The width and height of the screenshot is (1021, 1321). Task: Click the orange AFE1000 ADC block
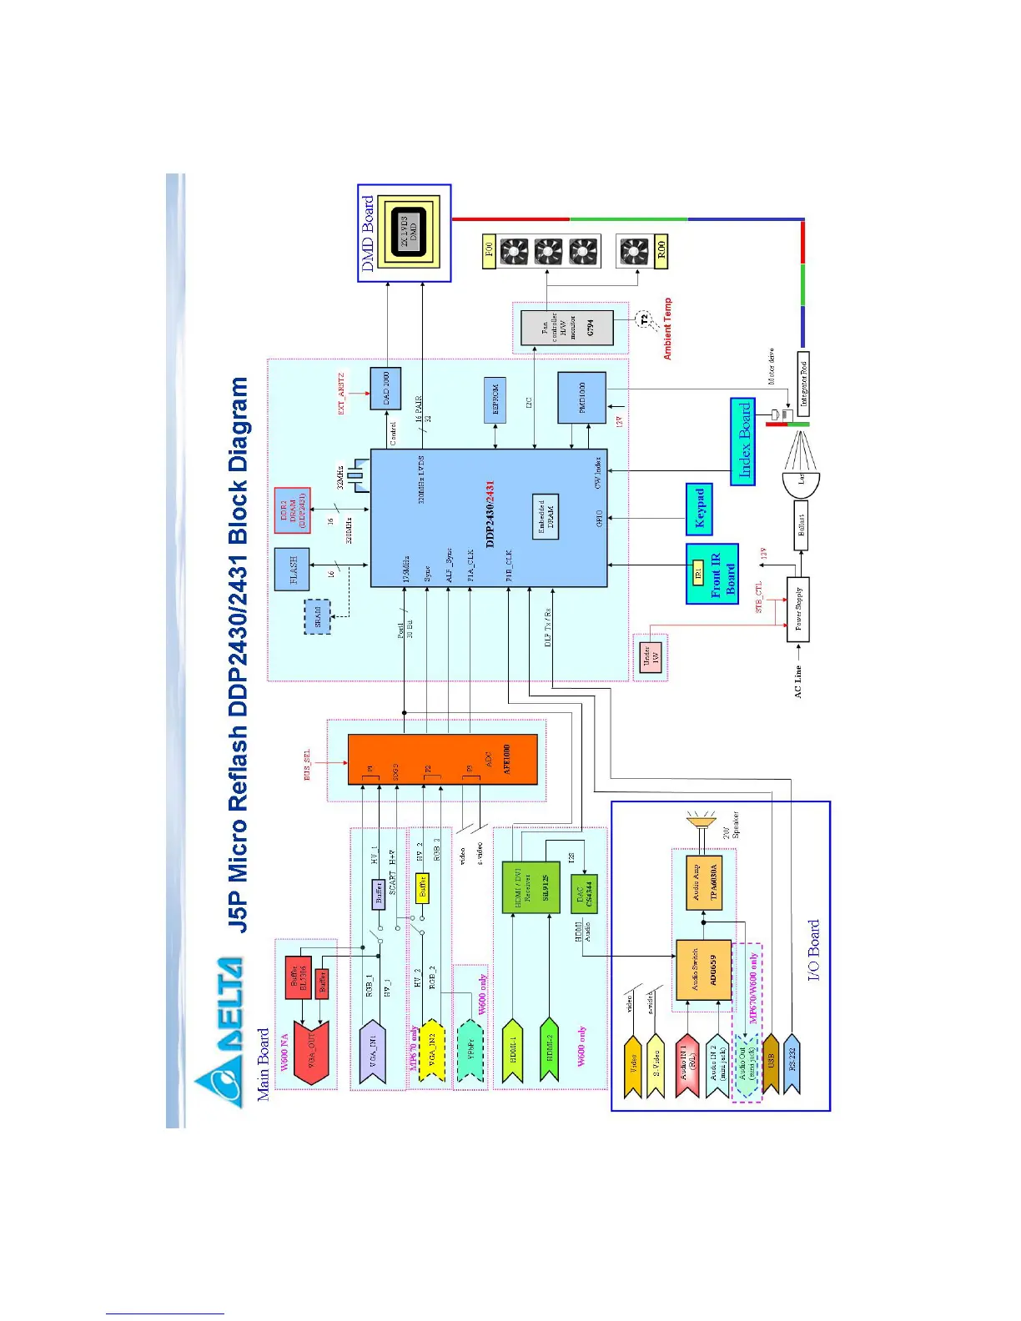click(442, 759)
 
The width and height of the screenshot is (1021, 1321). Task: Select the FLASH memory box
click(293, 569)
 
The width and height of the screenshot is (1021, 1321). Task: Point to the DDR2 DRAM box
click(293, 510)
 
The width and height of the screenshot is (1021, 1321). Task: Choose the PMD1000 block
click(581, 397)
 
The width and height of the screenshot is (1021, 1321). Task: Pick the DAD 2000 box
click(385, 389)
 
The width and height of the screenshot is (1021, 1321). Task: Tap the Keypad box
click(700, 509)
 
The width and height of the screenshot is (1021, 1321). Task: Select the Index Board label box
click(743, 441)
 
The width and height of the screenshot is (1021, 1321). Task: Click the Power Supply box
click(798, 609)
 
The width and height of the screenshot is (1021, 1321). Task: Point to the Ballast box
click(801, 525)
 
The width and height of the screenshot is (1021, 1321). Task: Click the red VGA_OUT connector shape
click(312, 1052)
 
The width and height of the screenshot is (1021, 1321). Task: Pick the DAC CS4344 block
click(584, 894)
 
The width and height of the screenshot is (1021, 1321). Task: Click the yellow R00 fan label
click(661, 250)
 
